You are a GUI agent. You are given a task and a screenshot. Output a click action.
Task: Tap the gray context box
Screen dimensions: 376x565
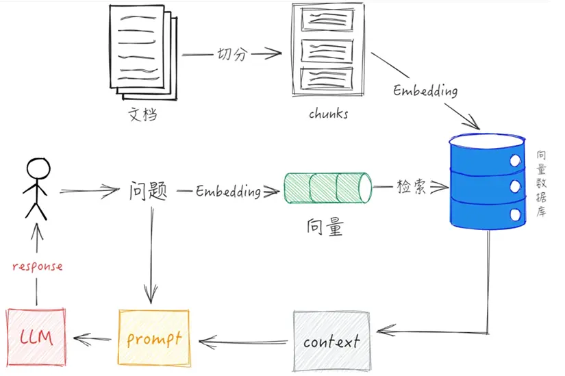click(x=331, y=340)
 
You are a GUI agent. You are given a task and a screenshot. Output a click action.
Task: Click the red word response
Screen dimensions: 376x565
click(x=38, y=266)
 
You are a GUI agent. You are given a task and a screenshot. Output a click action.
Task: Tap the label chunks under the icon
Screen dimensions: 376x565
click(x=328, y=114)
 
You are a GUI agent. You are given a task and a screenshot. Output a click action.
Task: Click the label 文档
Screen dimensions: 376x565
click(x=143, y=114)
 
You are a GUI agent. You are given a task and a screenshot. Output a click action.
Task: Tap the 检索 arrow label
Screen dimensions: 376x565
click(x=412, y=187)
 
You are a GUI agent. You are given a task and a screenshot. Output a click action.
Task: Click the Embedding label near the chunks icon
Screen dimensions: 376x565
click(x=425, y=90)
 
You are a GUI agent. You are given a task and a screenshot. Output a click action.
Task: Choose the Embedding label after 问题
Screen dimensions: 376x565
click(x=227, y=192)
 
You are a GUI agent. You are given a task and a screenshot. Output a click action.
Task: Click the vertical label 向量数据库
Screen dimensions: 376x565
click(x=541, y=185)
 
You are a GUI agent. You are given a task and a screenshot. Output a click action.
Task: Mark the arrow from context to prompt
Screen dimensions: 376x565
click(x=243, y=339)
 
